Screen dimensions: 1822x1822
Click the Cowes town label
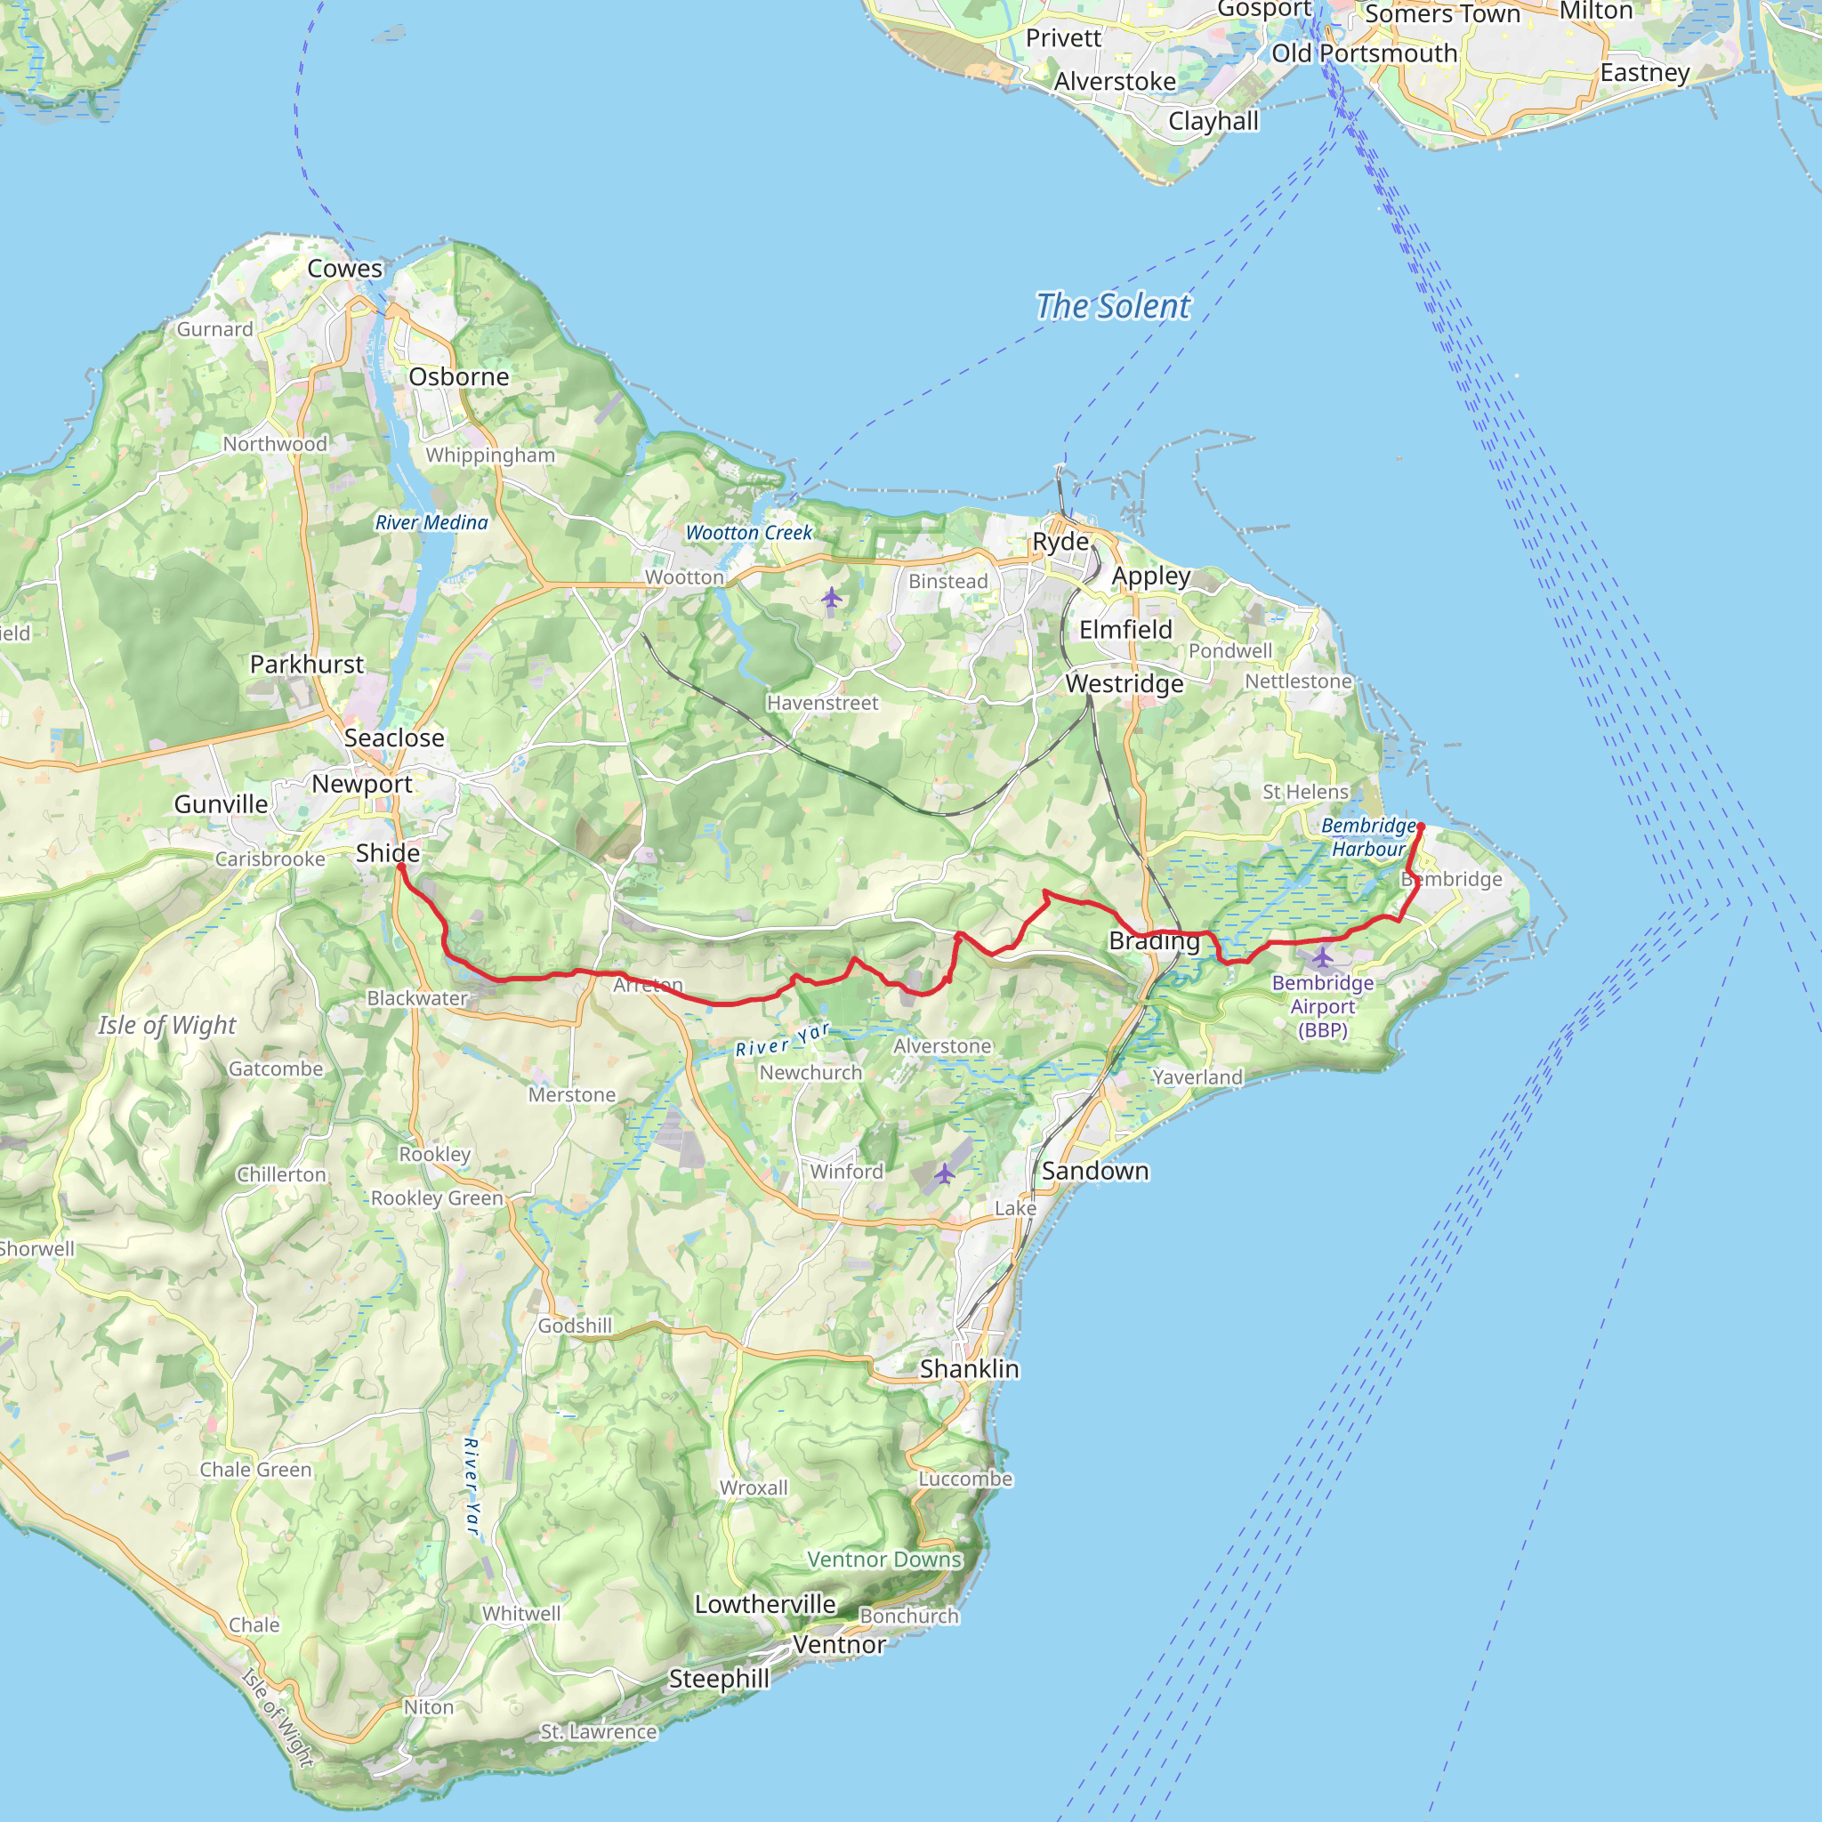[345, 269]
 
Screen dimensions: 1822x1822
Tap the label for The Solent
[1113, 307]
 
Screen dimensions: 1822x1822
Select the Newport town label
[362, 784]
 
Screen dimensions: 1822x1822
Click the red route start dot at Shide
[401, 866]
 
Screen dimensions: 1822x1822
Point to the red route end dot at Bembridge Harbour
[1420, 827]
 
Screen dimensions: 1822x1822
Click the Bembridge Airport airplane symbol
[1323, 958]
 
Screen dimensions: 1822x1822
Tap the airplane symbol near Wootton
[831, 597]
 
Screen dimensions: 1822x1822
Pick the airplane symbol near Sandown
[945, 1173]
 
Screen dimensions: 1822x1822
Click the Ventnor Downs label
[883, 1560]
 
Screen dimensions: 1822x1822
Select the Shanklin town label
[970, 1368]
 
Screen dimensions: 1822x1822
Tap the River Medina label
[431, 522]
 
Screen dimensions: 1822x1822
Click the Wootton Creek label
[749, 533]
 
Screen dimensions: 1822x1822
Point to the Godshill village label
[576, 1326]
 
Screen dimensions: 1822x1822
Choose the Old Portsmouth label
[1365, 53]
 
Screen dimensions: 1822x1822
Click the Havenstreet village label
[822, 703]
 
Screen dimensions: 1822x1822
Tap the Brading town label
[1154, 940]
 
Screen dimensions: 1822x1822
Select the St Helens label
[1305, 792]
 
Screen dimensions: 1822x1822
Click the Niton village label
[429, 1707]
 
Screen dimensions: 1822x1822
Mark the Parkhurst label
[307, 664]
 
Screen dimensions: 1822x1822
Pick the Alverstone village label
[942, 1046]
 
